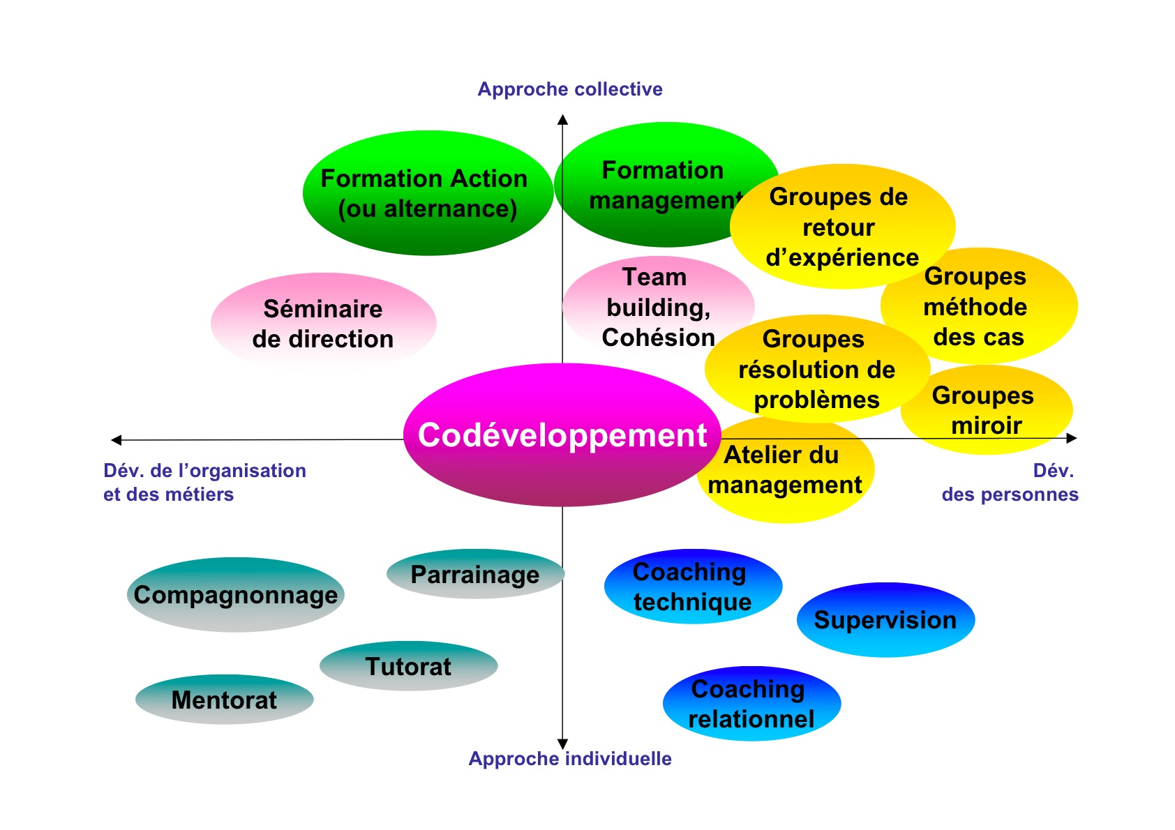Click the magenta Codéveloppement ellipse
coord(562,435)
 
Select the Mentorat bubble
coord(225,700)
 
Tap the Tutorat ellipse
coord(409,666)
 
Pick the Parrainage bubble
coord(475,573)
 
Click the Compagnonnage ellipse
coord(236,594)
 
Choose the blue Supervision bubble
coord(885,620)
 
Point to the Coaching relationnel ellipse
coord(751,704)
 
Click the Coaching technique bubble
coord(693,586)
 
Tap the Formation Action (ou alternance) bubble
coord(428,193)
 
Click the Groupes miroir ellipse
coord(986,409)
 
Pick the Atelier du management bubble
coord(785,470)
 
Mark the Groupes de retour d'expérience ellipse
coord(842,227)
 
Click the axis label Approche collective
coord(569,89)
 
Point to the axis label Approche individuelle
coord(569,759)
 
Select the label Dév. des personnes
coord(1010,483)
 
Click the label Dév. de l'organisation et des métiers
coord(204,483)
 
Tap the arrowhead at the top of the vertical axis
coord(562,119)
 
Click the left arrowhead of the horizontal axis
coord(116,440)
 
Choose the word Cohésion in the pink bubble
coord(658,338)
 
